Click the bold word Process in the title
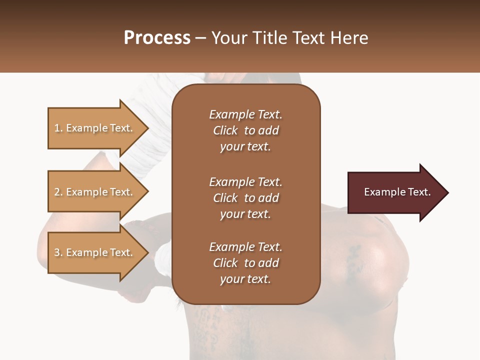[x=157, y=38]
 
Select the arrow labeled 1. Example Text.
[x=95, y=128]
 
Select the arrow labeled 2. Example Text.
[x=95, y=192]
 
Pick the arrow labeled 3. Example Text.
[x=95, y=252]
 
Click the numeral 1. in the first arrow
[x=58, y=128]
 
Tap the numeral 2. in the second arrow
[x=58, y=192]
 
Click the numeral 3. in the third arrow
[x=58, y=252]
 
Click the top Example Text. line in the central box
[x=245, y=114]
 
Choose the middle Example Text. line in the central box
[x=245, y=182]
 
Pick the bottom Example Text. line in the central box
[x=245, y=247]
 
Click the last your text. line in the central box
[x=245, y=279]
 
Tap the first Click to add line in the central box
[x=245, y=130]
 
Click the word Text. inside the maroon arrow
[x=418, y=192]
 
